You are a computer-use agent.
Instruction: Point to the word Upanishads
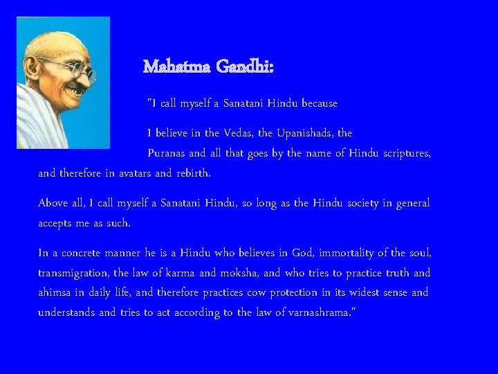(300, 132)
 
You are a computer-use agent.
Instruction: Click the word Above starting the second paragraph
(53, 203)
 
